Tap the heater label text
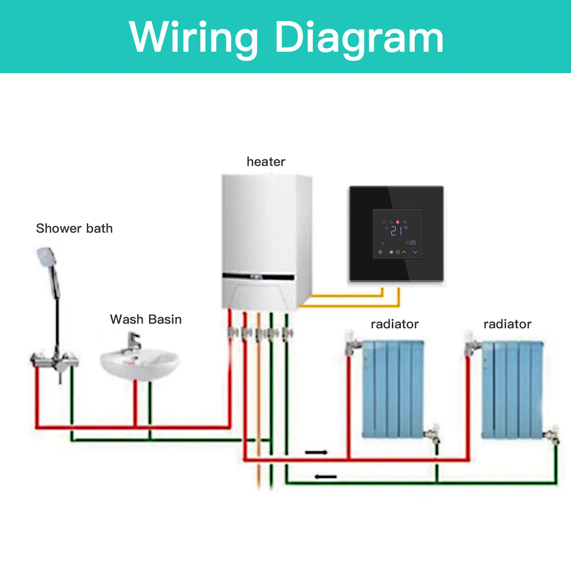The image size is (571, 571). [x=266, y=161]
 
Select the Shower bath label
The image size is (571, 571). [x=74, y=228]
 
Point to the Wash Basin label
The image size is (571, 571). [x=146, y=320]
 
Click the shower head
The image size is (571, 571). [x=46, y=255]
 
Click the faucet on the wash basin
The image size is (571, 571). [x=133, y=342]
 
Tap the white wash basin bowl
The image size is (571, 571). [x=140, y=364]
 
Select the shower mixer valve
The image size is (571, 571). [x=55, y=361]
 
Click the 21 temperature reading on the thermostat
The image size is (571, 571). [x=396, y=231]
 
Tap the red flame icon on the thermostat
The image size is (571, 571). [x=398, y=221]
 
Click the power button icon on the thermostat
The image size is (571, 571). [x=380, y=252]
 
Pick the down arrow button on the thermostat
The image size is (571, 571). [x=415, y=252]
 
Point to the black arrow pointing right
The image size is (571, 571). [x=316, y=452]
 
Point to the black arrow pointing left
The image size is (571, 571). [x=326, y=476]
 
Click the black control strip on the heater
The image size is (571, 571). [x=259, y=277]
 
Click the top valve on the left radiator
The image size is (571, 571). [x=352, y=343]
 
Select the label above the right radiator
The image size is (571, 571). [x=507, y=324]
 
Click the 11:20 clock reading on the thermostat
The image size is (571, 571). [x=411, y=243]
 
